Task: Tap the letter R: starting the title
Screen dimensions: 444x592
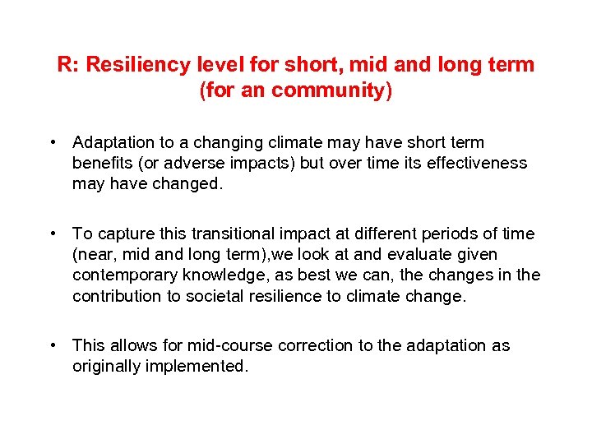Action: click(68, 65)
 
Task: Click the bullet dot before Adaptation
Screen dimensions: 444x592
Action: click(52, 142)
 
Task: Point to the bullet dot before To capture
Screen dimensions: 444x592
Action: click(52, 234)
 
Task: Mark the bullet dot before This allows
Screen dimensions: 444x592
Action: click(52, 345)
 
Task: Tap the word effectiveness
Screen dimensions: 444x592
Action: click(473, 163)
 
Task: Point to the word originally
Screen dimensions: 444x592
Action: click(107, 366)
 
